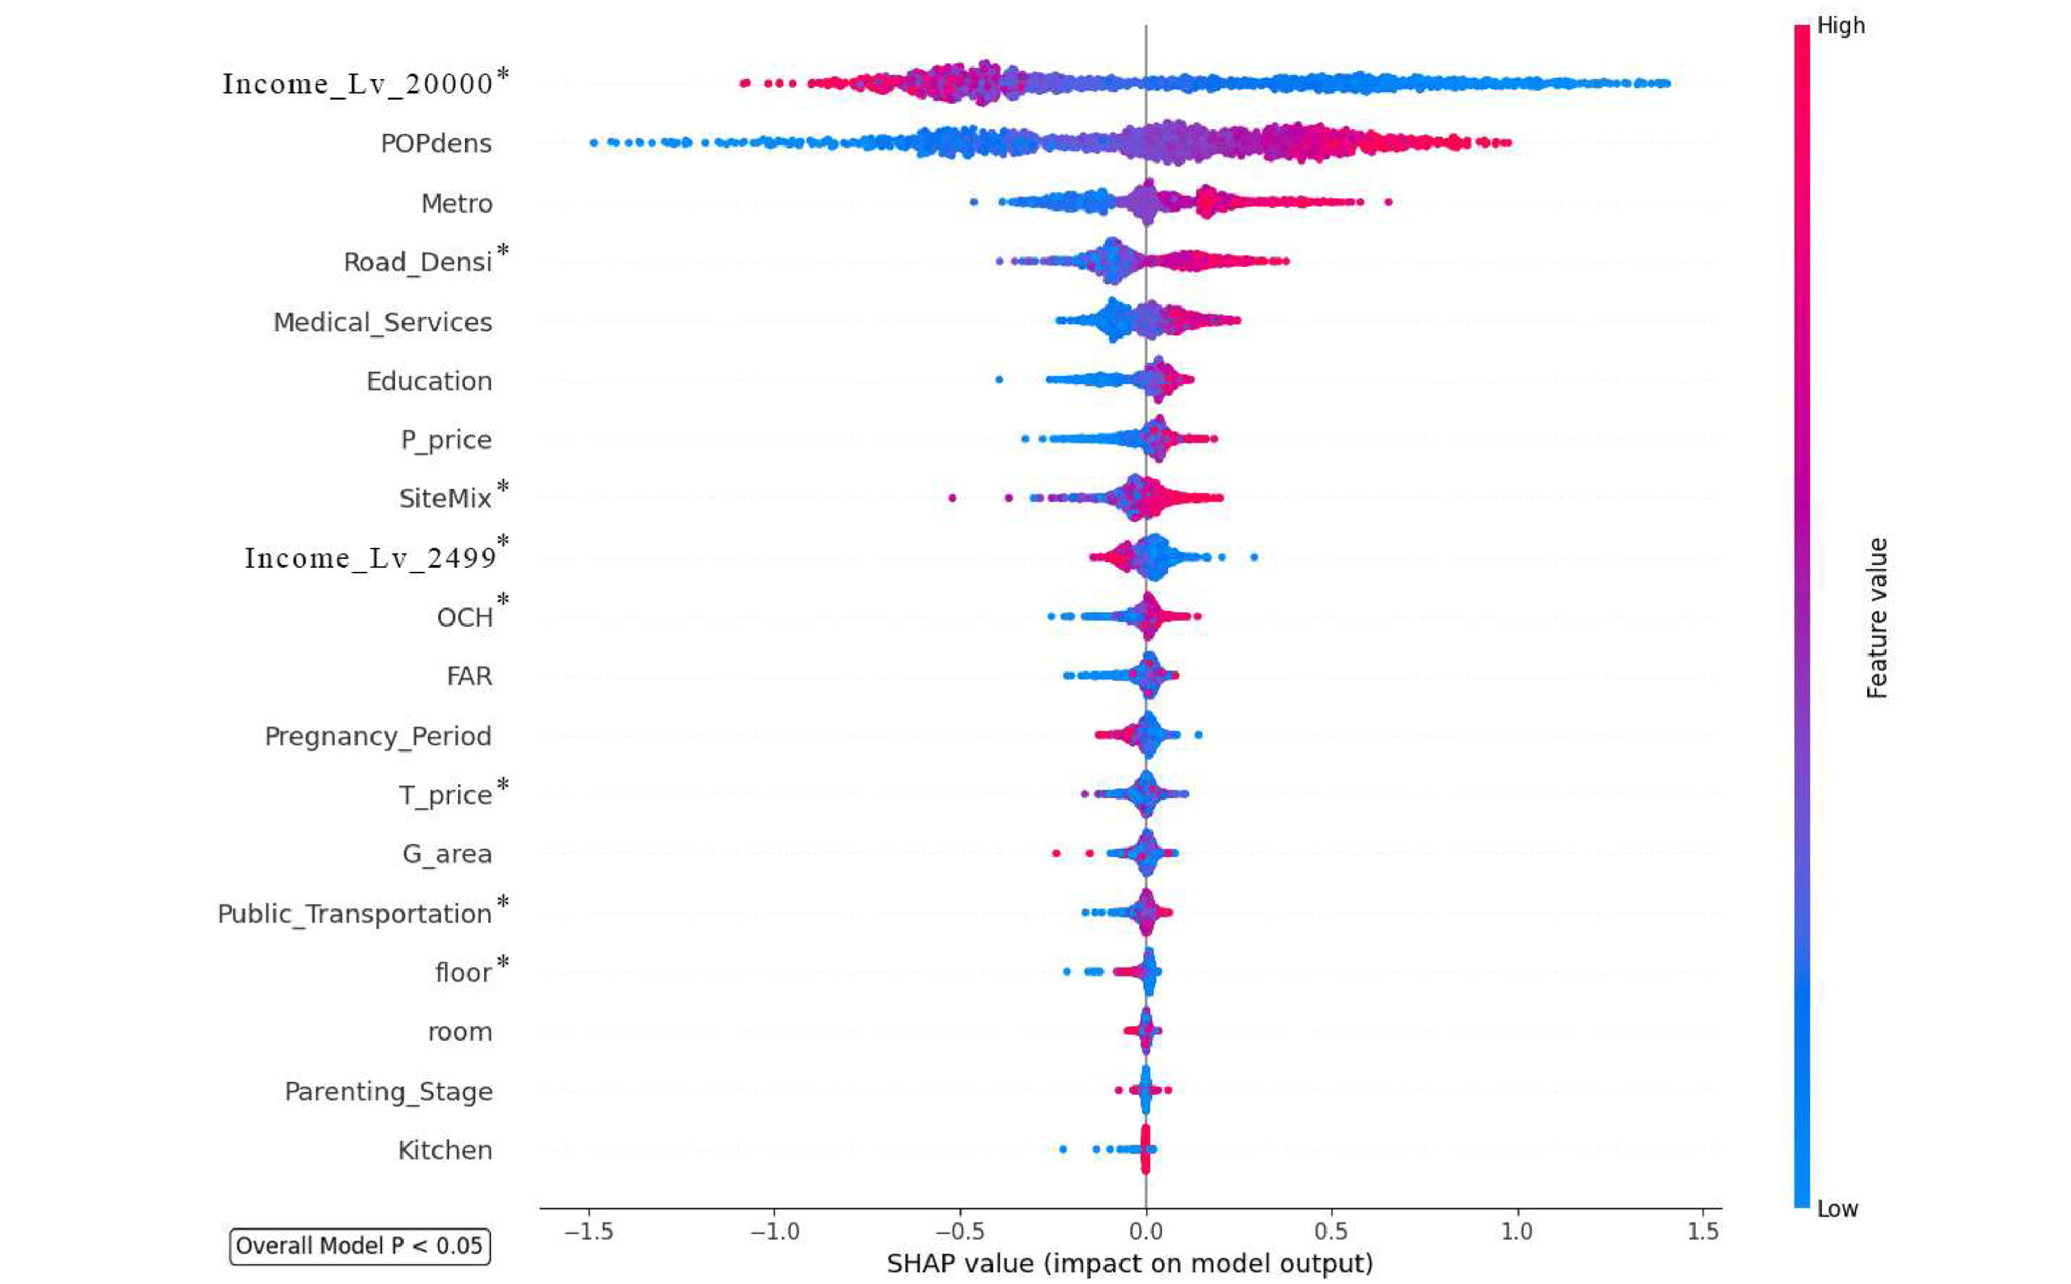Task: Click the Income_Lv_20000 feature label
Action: click(357, 84)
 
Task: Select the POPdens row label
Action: click(436, 143)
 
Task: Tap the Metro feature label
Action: click(457, 204)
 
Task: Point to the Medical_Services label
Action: click(382, 323)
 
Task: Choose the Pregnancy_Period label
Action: click(378, 736)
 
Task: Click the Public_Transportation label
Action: click(354, 914)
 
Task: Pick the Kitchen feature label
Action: click(445, 1151)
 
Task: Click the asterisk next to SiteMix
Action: click(502, 487)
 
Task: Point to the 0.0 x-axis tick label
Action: click(1146, 1231)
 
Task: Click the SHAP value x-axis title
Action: click(1129, 1264)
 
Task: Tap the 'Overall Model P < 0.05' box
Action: click(359, 1246)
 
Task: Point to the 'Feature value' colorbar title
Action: click(1877, 618)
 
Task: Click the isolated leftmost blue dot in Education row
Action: click(999, 380)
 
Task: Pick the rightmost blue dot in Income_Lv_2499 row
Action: click(1254, 557)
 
